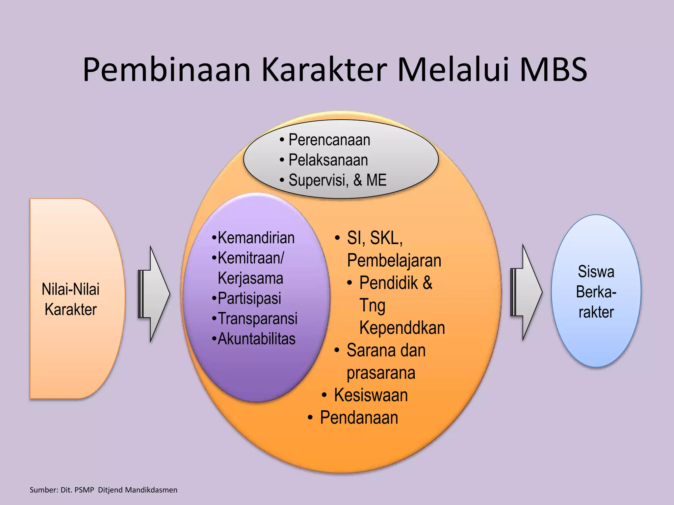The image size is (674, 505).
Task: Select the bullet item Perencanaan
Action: pos(329,140)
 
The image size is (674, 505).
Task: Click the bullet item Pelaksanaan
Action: pos(328,160)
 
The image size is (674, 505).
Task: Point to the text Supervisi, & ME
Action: pos(337,180)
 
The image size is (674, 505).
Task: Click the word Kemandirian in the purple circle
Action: pos(256,238)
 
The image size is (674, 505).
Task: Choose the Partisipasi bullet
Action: pos(249,299)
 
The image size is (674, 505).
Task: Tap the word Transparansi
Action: pos(257,319)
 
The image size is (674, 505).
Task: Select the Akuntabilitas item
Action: pos(256,339)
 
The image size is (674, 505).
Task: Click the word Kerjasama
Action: pos(250,278)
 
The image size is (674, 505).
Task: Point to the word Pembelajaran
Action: pos(394,261)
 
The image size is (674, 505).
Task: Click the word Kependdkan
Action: pos(402,328)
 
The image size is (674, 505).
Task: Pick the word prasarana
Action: pos(381,373)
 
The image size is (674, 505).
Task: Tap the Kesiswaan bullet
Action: pos(371,395)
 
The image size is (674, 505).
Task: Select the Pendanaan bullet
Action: pos(359,418)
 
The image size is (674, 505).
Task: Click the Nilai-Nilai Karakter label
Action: pos(71,299)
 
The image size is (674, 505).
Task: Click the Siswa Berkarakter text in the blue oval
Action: pos(596,292)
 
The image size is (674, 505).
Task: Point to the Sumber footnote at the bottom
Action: pos(103,490)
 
